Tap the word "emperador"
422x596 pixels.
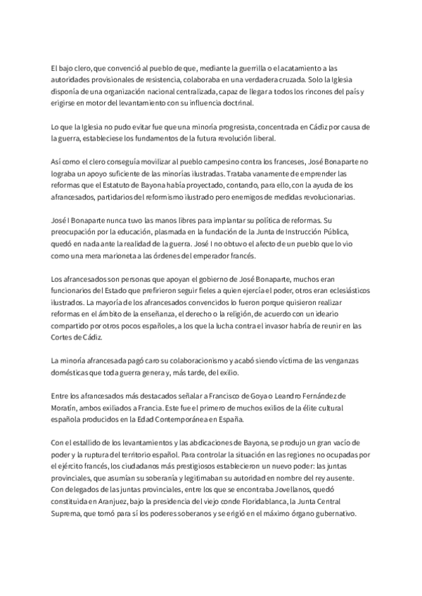[x=176, y=258]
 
